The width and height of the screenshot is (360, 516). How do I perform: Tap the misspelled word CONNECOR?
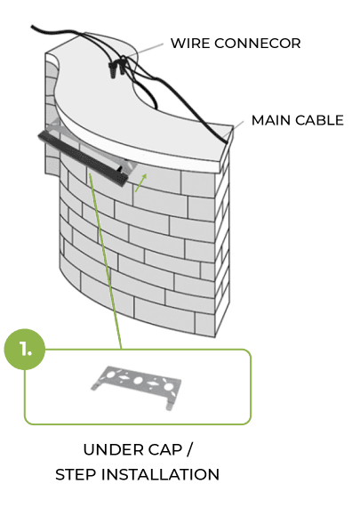click(258, 44)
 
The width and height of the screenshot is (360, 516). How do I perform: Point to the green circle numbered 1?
click(24, 349)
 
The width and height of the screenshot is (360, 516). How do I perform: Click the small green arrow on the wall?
click(140, 182)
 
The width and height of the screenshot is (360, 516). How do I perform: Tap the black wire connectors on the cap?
click(117, 69)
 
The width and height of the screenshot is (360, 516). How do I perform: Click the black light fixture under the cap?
click(83, 158)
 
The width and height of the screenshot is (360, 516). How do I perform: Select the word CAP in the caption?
click(165, 450)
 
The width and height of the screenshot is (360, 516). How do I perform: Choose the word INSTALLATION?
click(160, 474)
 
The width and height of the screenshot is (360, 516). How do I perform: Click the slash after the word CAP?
click(189, 449)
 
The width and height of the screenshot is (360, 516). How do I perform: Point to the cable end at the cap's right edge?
click(226, 141)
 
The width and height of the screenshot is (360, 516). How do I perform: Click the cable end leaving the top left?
click(33, 27)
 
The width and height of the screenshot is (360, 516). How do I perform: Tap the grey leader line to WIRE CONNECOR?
click(145, 49)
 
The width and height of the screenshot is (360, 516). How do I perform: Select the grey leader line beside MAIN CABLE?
click(236, 126)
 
